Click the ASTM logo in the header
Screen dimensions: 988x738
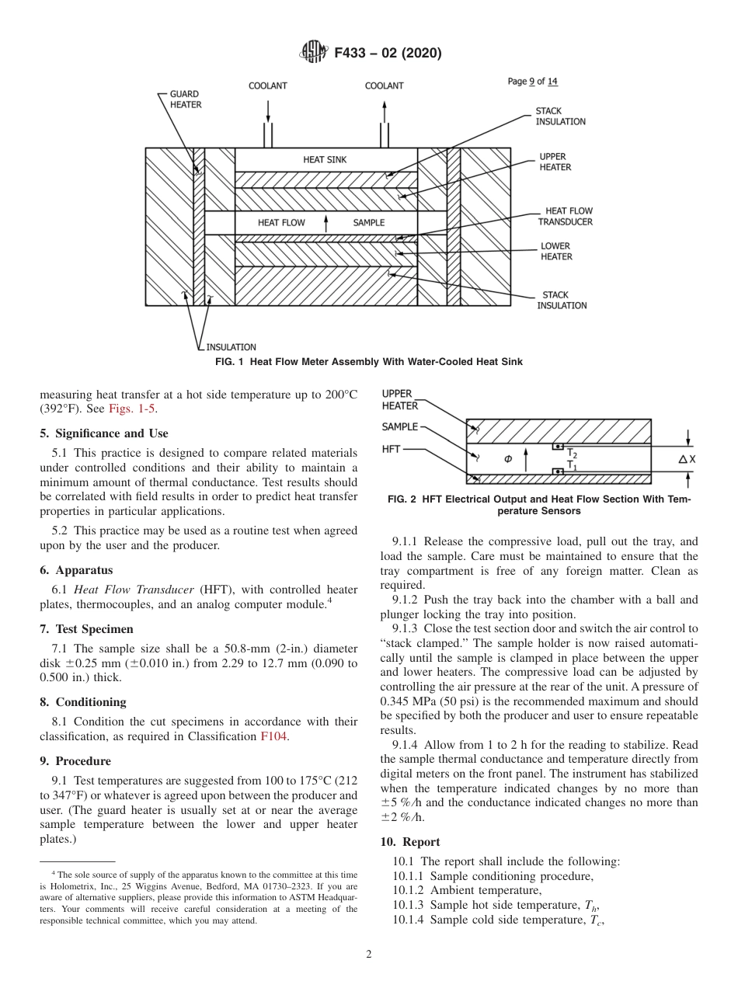tap(314, 53)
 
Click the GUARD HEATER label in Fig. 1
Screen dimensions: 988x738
tap(185, 99)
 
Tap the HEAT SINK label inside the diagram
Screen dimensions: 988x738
tap(325, 160)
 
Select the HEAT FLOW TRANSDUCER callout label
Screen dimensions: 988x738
tap(565, 217)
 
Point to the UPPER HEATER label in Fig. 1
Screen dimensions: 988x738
tap(555, 162)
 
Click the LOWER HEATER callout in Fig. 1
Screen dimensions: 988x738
tap(556, 252)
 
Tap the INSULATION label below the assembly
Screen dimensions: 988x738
tap(231, 347)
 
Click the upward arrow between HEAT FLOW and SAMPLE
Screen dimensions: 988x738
tap(326, 222)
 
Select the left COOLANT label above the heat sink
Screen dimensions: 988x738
tap(267, 86)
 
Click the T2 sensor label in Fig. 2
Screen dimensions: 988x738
tap(571, 453)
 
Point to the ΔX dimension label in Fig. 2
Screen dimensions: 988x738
tap(687, 460)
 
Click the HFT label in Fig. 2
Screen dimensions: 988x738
tap(391, 450)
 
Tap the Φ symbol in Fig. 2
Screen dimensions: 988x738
tap(508, 459)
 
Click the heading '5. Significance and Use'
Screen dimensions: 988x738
tap(104, 433)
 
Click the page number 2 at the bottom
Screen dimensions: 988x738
tap(369, 955)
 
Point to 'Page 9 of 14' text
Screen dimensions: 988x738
tap(532, 82)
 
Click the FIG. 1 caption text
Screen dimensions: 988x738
tap(368, 362)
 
